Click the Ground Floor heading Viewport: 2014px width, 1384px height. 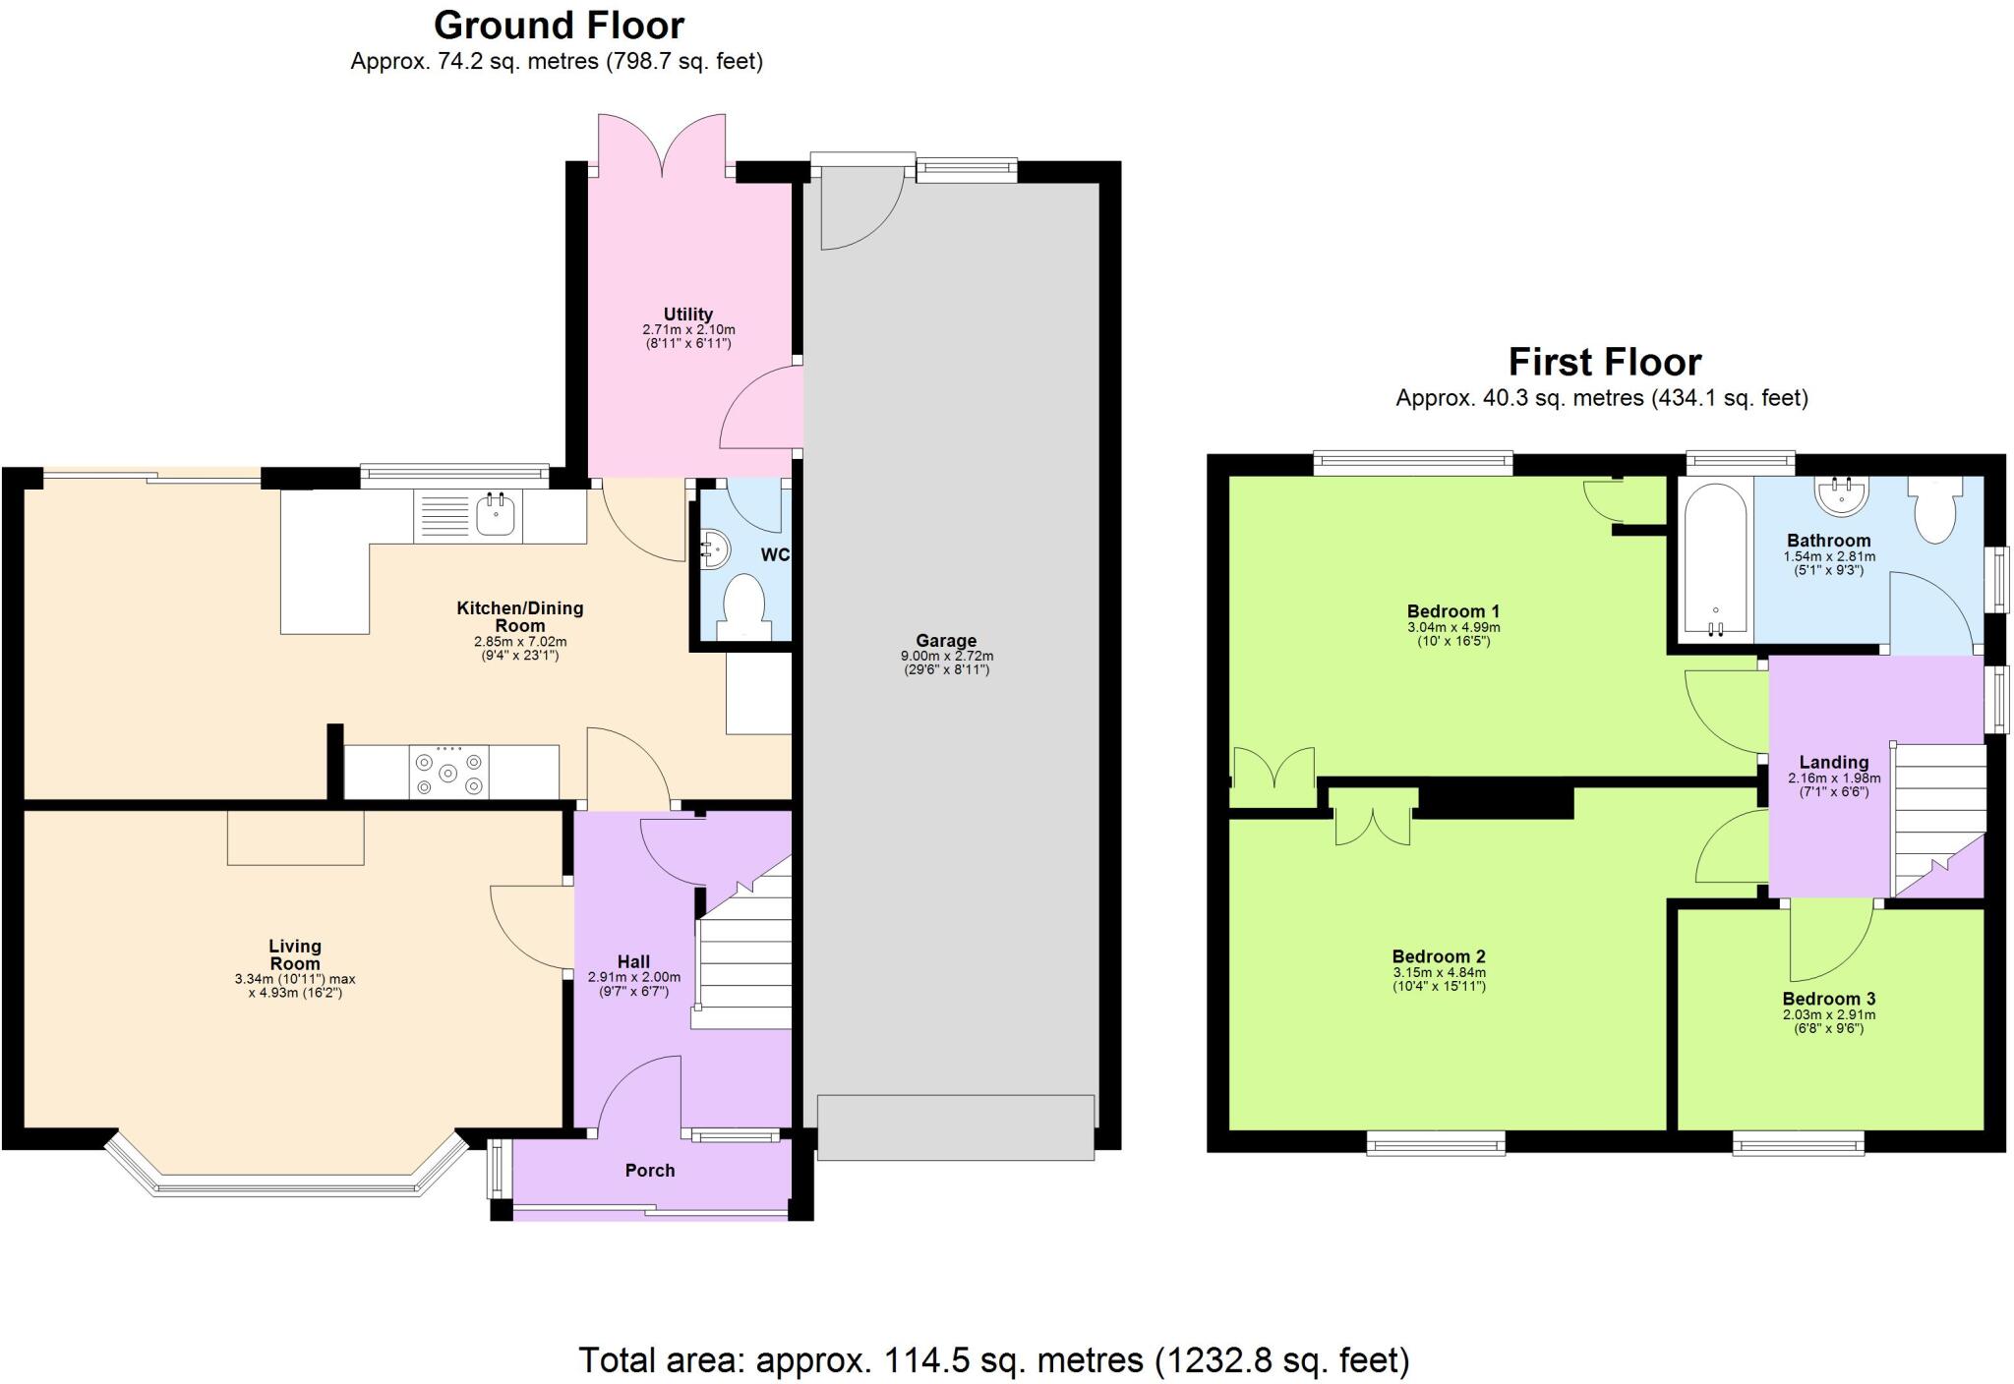click(559, 26)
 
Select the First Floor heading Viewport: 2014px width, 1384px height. click(1605, 363)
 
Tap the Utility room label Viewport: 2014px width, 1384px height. click(687, 315)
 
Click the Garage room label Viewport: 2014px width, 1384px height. click(946, 641)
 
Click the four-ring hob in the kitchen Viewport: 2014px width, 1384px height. click(449, 773)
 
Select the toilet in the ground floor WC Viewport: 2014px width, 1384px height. click(743, 603)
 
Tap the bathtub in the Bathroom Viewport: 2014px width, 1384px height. click(1715, 560)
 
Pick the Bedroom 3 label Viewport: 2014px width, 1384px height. click(1828, 999)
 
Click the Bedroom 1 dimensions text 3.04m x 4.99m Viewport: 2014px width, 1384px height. click(1453, 627)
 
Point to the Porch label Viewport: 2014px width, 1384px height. click(650, 1171)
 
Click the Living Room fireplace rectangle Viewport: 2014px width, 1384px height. click(295, 837)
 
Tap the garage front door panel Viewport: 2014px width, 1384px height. click(955, 1127)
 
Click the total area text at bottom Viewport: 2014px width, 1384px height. click(993, 1360)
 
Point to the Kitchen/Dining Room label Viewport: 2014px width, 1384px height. click(519, 616)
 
